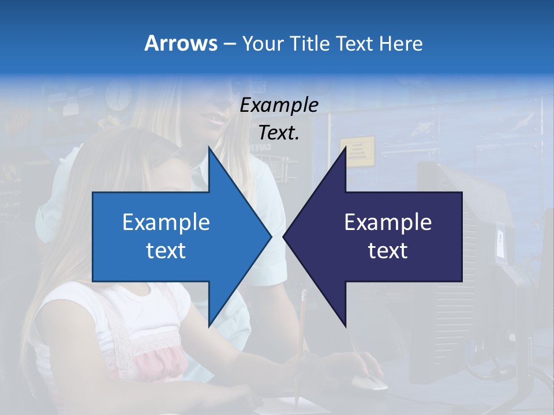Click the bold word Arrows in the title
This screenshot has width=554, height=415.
click(181, 43)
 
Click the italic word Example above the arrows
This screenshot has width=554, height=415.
click(279, 105)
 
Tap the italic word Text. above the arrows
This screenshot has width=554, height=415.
click(279, 133)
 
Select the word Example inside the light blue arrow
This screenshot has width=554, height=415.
click(166, 222)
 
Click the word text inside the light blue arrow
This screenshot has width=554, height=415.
click(166, 251)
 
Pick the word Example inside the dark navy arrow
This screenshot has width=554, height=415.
click(388, 222)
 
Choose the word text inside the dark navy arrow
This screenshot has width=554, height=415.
click(388, 251)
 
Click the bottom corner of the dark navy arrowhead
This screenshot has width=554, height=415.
click(345, 326)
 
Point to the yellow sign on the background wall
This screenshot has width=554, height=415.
click(357, 151)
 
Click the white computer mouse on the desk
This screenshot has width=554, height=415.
click(369, 382)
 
